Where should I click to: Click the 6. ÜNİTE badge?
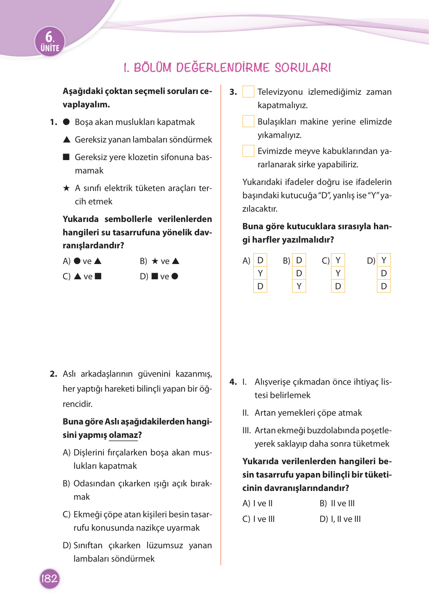pyautogui.click(x=50, y=42)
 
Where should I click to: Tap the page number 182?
pyautogui.click(x=50, y=578)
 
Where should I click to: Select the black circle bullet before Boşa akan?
pyautogui.click(x=66, y=122)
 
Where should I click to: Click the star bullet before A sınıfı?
pyautogui.click(x=66, y=188)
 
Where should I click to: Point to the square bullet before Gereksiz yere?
pyautogui.click(x=66, y=157)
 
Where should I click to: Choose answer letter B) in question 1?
pyautogui.click(x=143, y=261)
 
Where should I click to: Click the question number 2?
pyautogui.click(x=53, y=374)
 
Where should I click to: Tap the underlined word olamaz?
pyautogui.click(x=123, y=435)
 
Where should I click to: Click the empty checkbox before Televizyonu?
pyautogui.click(x=248, y=92)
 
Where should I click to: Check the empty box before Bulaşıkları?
pyautogui.click(x=248, y=121)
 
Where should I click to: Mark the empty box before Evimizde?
pyautogui.click(x=248, y=151)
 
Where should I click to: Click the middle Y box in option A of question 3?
pyautogui.click(x=260, y=273)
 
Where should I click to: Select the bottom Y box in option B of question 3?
pyautogui.click(x=299, y=286)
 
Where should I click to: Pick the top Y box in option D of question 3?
pyautogui.click(x=384, y=260)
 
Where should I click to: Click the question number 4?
pyautogui.click(x=233, y=382)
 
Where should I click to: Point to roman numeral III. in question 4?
pyautogui.click(x=246, y=430)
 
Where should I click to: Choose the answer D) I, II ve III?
pyautogui.click(x=340, y=519)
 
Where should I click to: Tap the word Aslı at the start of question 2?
pyautogui.click(x=69, y=374)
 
